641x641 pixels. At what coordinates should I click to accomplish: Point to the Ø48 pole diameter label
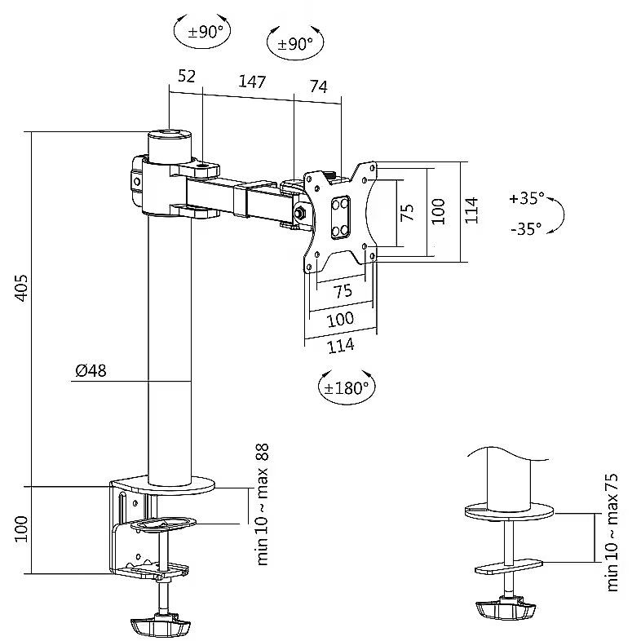[x=91, y=371]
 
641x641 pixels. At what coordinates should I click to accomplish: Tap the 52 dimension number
[x=186, y=76]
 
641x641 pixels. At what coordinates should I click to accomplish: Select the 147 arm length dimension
[x=253, y=82]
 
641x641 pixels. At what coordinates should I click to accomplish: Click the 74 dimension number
[x=318, y=87]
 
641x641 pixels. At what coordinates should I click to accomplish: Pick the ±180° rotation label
[x=346, y=388]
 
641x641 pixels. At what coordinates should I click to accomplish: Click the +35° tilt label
[x=525, y=198]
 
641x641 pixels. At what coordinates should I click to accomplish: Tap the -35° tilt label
[x=526, y=229]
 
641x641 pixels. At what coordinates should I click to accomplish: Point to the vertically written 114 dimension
[x=471, y=210]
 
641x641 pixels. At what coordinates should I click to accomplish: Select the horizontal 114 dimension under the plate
[x=341, y=345]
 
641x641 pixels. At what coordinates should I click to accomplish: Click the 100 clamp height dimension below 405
[x=21, y=528]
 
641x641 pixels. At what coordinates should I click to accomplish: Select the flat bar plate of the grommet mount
[x=508, y=565]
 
